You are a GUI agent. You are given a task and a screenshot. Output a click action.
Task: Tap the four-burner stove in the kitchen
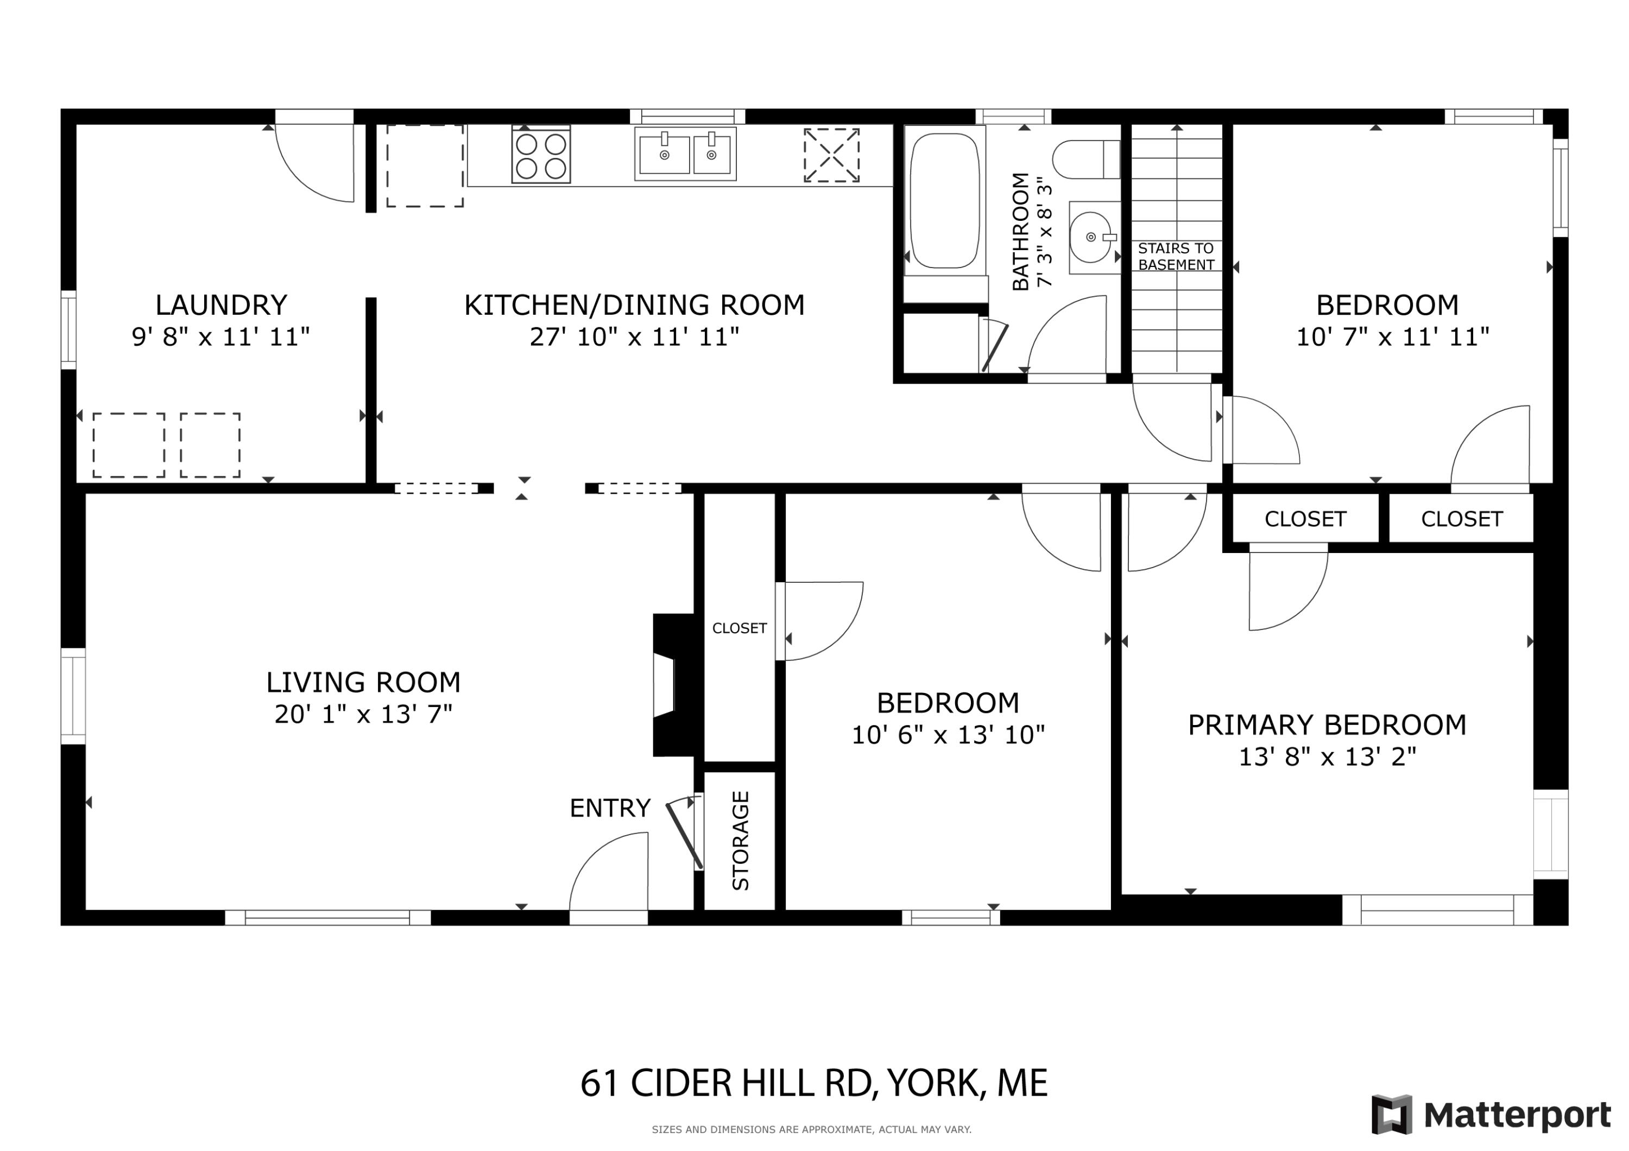(541, 155)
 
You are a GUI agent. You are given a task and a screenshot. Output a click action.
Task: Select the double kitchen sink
(685, 154)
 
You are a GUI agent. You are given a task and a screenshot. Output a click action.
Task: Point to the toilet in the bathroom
(1085, 160)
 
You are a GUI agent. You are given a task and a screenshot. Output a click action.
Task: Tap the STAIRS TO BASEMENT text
(1176, 257)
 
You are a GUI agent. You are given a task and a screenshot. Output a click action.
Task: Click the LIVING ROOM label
(363, 682)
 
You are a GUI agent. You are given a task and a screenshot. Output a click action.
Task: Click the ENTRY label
(609, 807)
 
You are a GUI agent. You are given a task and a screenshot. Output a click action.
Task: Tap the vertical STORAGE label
(740, 841)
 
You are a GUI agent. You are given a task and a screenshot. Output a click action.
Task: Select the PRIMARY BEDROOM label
(1327, 725)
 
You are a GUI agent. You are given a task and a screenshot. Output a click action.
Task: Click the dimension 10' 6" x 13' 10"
(948, 735)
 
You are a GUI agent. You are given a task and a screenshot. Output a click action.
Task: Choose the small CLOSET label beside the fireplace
(739, 628)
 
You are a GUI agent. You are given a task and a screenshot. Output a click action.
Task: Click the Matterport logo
(1491, 1115)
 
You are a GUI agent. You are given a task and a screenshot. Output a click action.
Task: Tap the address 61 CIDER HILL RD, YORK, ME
(814, 1083)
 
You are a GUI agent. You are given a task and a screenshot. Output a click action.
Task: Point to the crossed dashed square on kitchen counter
(831, 155)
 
